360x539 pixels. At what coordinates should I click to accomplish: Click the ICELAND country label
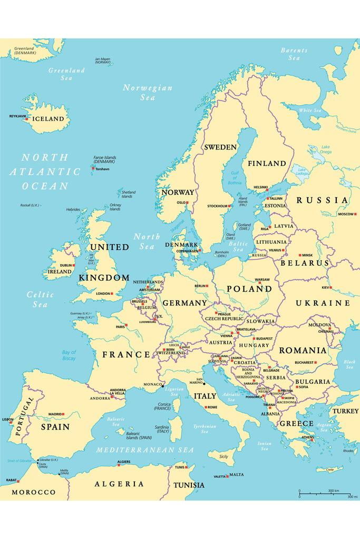48,119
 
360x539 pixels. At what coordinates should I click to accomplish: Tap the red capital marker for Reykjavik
27,119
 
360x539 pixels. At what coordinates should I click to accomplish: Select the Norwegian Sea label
148,93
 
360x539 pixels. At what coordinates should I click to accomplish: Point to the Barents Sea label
294,54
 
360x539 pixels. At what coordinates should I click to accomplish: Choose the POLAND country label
249,289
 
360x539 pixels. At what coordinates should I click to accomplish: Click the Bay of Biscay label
69,355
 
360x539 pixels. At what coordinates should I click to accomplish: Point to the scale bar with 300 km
324,493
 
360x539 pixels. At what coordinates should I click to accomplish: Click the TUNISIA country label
189,485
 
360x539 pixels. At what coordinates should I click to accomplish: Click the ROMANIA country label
303,351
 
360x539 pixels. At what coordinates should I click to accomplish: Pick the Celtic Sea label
40,300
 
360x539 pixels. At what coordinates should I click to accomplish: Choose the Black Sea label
349,364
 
